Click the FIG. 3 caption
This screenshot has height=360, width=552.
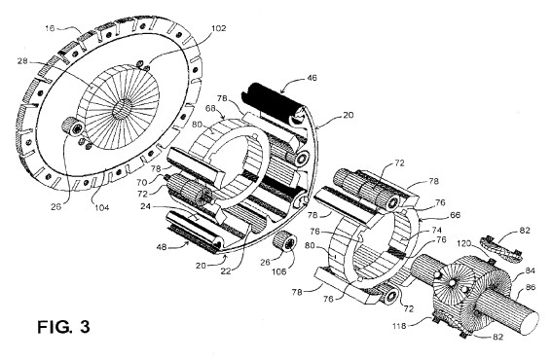click(63, 327)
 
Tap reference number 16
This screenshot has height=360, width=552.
click(50, 28)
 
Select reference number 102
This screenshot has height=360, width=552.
click(218, 28)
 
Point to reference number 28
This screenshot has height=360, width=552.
click(22, 61)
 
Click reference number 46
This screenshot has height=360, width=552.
click(312, 78)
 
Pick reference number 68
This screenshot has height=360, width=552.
click(210, 108)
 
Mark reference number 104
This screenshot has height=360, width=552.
click(101, 207)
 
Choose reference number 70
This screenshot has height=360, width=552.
click(142, 182)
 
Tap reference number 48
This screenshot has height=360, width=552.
click(162, 247)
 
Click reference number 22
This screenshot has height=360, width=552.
click(226, 271)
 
